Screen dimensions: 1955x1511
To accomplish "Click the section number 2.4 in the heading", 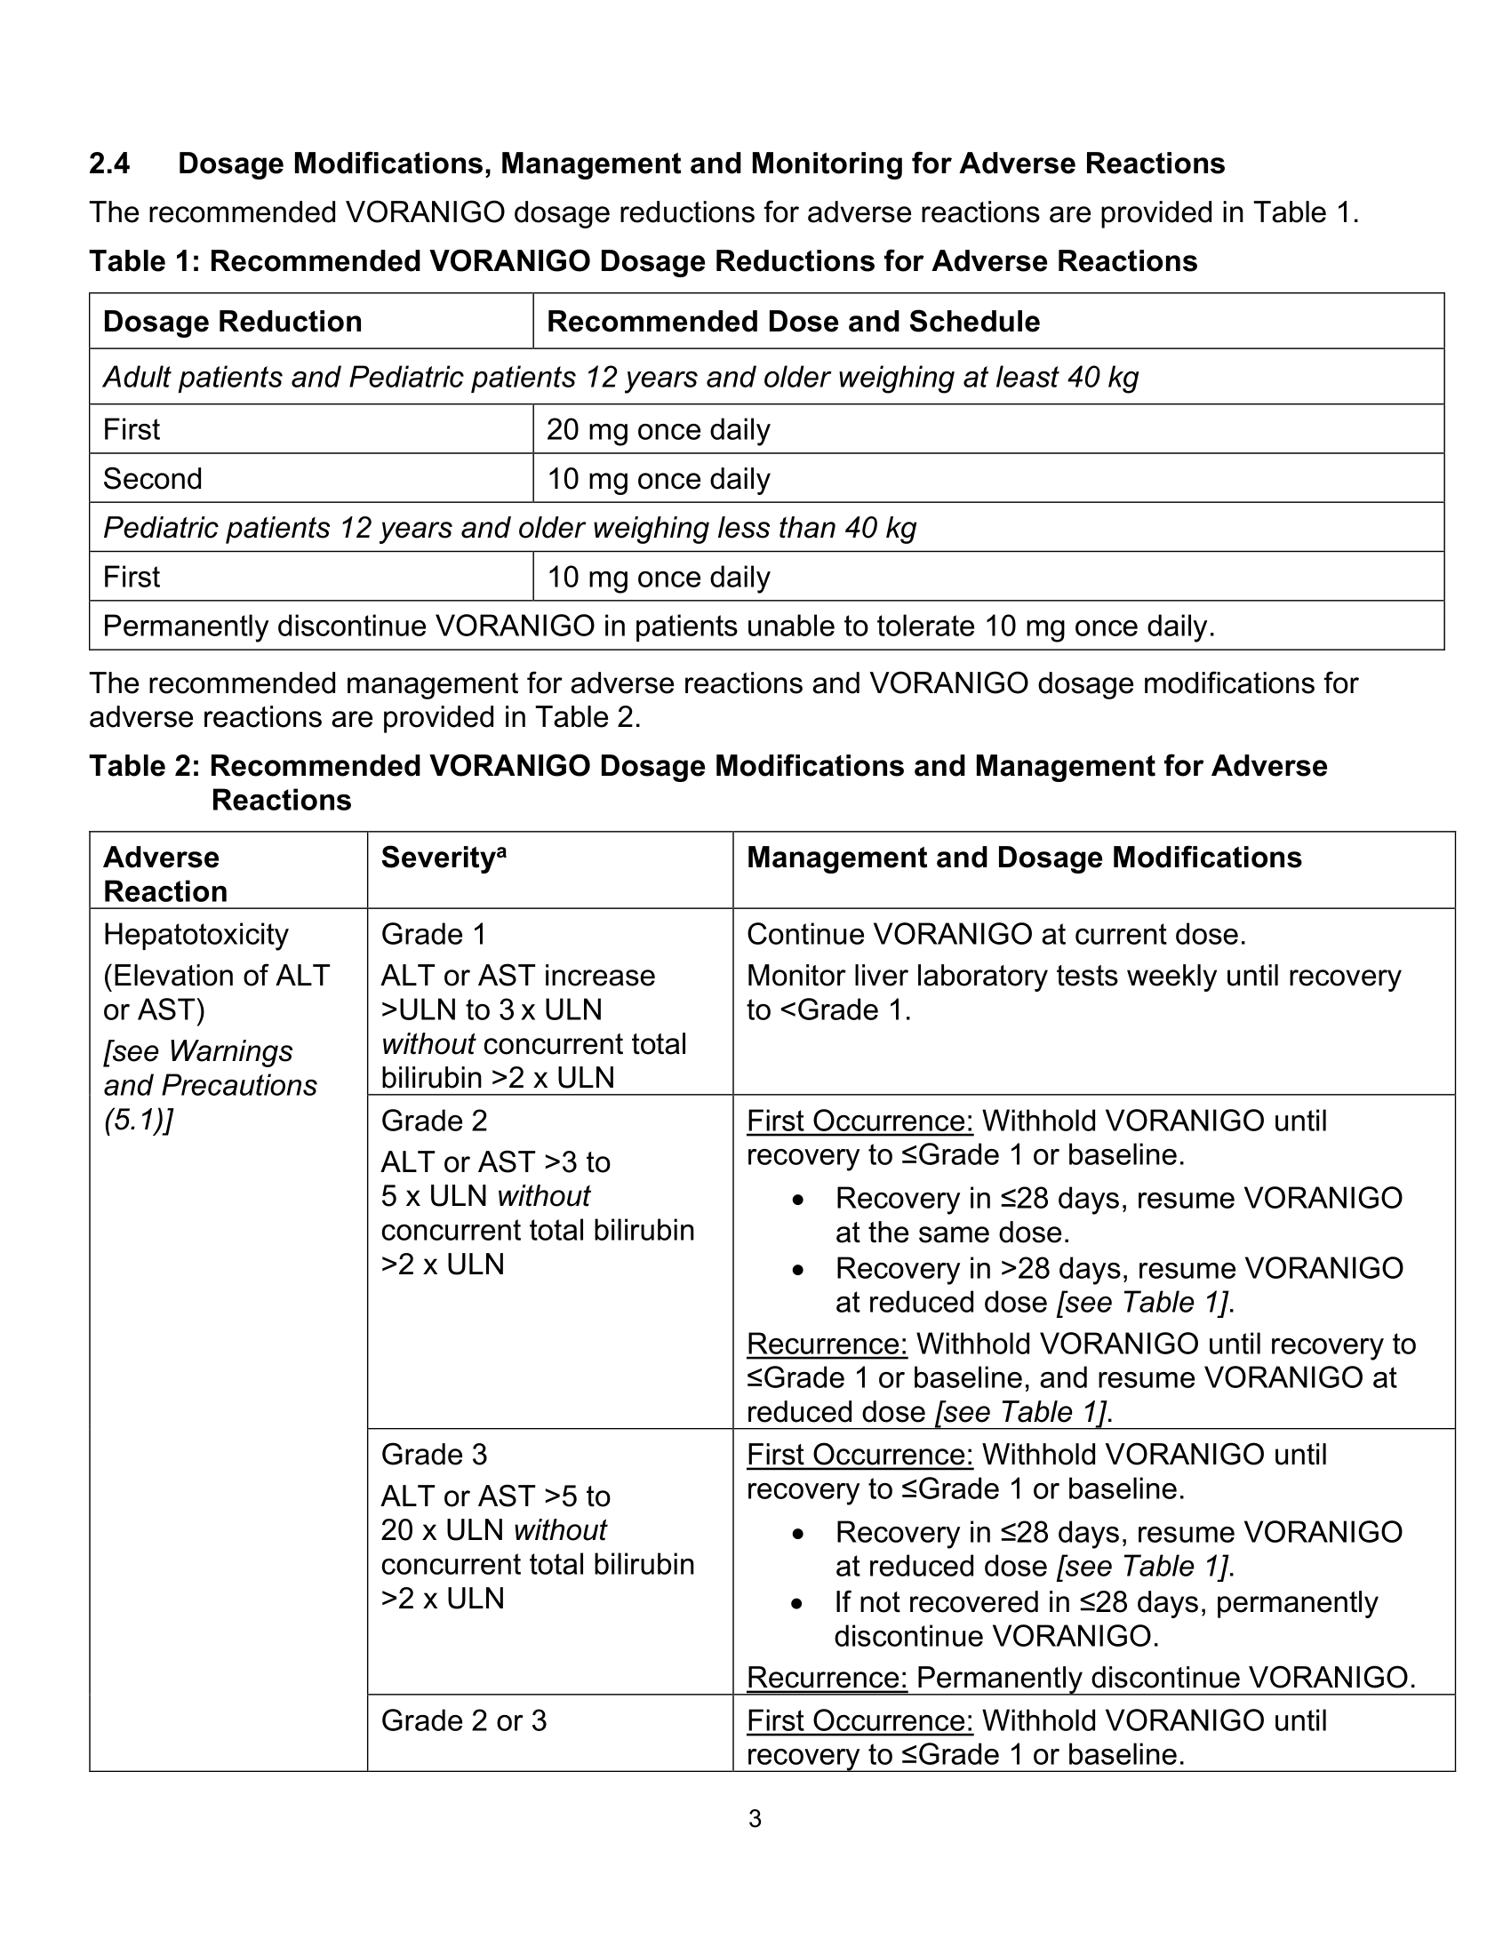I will pos(109,164).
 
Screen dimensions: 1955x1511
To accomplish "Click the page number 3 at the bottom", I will pos(755,1818).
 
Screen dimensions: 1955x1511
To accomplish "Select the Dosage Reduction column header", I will pos(232,322).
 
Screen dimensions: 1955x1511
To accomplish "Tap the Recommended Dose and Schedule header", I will pos(792,322).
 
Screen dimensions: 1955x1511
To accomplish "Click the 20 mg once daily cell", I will pos(658,430).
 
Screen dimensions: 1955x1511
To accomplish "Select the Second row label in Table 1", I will pos(152,479).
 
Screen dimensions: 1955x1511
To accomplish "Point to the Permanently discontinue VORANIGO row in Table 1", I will pos(658,626).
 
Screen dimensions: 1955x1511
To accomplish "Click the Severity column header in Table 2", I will pos(437,858).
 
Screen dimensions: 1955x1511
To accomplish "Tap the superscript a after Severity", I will pos(502,851).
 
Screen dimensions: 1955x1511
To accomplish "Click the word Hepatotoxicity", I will pos(196,935).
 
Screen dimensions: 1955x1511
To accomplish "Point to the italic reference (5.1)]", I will pos(138,1120).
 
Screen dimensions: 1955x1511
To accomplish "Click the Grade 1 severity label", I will pos(433,935).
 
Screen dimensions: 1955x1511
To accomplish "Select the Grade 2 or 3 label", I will pos(463,1720).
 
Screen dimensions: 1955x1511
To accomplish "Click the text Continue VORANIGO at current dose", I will pos(995,935).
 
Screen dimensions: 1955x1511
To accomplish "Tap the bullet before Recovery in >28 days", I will pos(797,1270).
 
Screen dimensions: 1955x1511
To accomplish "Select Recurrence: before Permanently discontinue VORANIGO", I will pos(827,1678).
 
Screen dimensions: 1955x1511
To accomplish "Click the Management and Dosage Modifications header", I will pos(1023,858).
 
